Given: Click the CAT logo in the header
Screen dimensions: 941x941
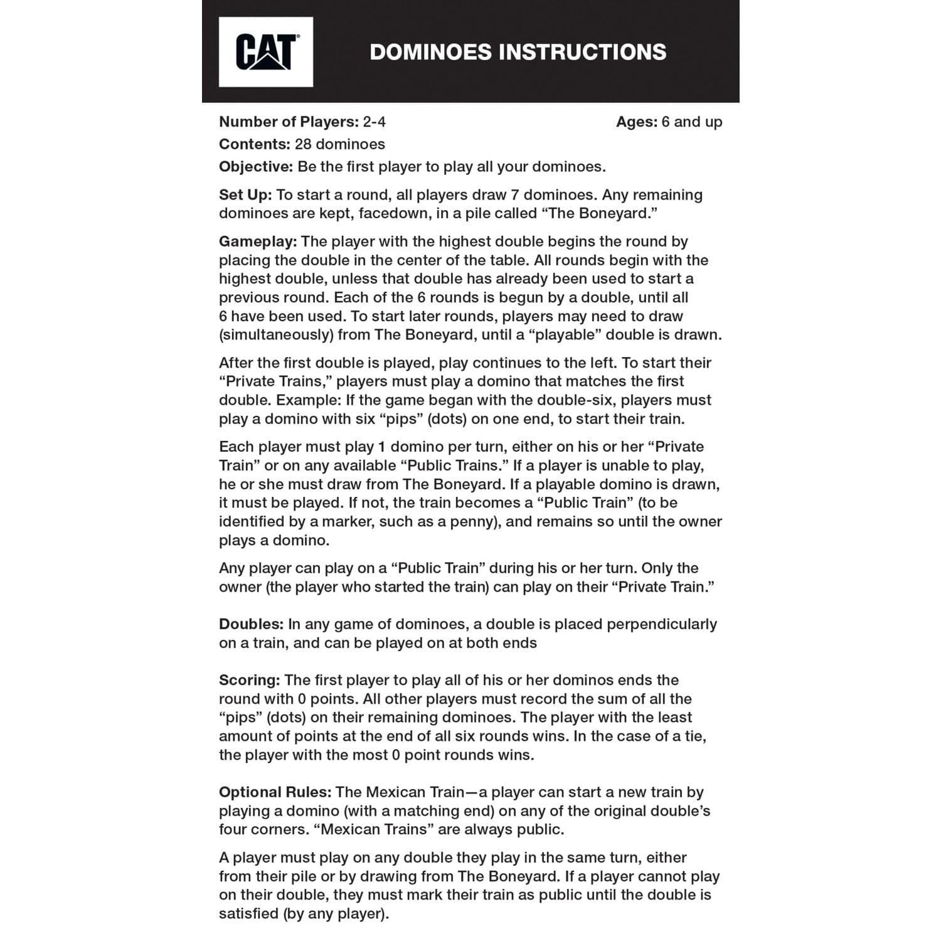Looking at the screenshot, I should click(x=265, y=51).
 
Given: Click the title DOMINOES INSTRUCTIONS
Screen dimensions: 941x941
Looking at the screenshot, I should click(x=518, y=51).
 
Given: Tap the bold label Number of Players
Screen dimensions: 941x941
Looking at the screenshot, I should click(x=289, y=122).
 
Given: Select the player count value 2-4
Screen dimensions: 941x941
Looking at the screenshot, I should click(x=374, y=122).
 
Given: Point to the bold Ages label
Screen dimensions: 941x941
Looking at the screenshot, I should click(x=636, y=122).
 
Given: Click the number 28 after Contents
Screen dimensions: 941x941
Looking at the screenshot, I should click(x=303, y=144).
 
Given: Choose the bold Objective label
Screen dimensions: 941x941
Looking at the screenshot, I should click(x=256, y=167).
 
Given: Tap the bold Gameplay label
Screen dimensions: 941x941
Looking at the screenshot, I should click(x=258, y=242).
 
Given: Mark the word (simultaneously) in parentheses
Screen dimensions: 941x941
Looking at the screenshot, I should click(x=276, y=335).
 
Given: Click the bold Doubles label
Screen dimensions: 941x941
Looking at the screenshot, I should click(x=251, y=624).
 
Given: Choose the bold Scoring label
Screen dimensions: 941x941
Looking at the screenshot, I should click(x=249, y=680).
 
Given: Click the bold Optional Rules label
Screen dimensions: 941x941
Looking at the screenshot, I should click(x=275, y=792).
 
